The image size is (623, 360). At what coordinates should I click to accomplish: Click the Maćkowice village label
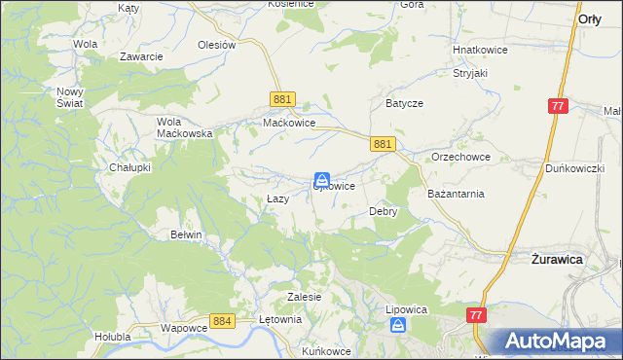(289, 124)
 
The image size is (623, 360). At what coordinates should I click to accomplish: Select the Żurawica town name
(556, 260)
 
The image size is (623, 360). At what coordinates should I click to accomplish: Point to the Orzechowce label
(460, 157)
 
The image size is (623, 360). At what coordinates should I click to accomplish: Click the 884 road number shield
(222, 320)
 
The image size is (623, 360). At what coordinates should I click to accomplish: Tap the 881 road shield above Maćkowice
(282, 99)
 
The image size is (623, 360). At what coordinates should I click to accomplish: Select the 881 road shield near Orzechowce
(383, 144)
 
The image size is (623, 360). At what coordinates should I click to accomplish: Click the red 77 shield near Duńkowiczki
(558, 106)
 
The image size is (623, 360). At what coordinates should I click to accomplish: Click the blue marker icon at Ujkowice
(321, 180)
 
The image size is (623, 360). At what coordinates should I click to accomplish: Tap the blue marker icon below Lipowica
(397, 327)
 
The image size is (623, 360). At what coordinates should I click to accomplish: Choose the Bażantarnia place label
(456, 194)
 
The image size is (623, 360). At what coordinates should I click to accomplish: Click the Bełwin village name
(186, 234)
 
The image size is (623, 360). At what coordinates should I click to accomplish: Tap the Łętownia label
(280, 318)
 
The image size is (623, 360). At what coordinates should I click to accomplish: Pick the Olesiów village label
(217, 45)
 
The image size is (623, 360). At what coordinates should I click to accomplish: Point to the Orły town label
(589, 18)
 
